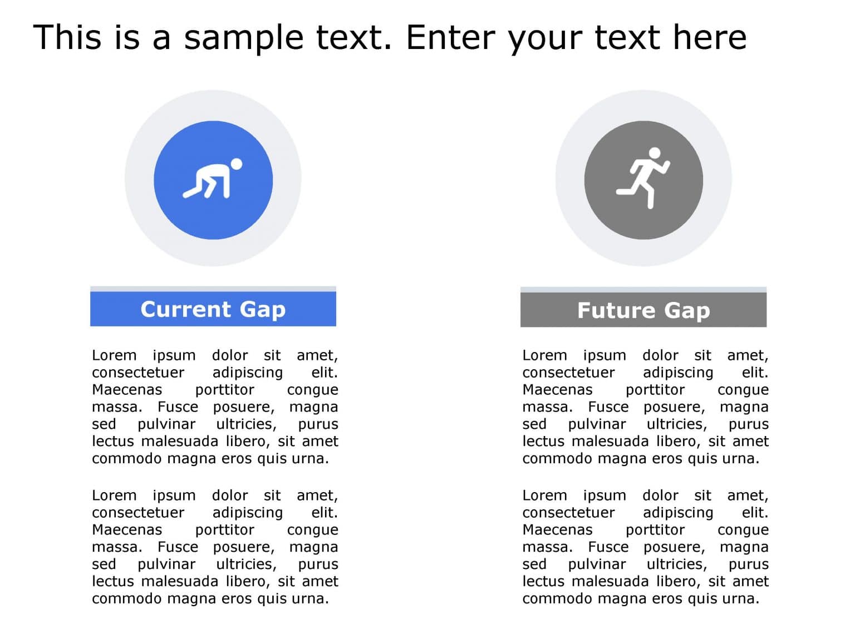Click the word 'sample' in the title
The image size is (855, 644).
click(244, 38)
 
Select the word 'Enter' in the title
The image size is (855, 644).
click(451, 38)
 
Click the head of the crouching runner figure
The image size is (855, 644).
click(236, 164)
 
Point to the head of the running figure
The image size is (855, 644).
click(655, 153)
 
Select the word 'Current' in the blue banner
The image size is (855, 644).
click(185, 309)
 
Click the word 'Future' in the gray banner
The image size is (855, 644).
click(616, 310)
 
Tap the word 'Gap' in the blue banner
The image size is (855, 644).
click(262, 309)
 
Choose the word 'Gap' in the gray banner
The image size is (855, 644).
click(687, 310)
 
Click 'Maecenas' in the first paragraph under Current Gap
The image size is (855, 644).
click(127, 389)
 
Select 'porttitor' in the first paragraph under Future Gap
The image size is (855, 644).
click(655, 389)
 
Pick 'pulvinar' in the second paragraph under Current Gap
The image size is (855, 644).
click(166, 564)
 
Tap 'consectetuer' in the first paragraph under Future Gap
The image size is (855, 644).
click(568, 372)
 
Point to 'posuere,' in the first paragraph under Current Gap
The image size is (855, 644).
click(244, 407)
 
